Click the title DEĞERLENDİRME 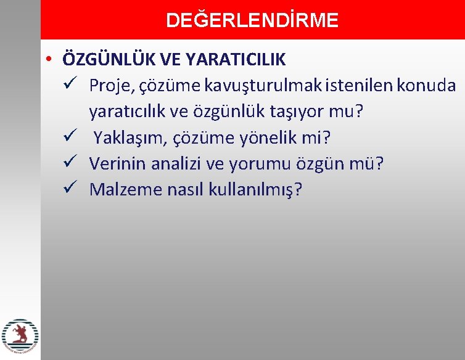tap(252, 20)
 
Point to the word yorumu tap(253, 163)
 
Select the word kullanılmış tap(253, 189)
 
